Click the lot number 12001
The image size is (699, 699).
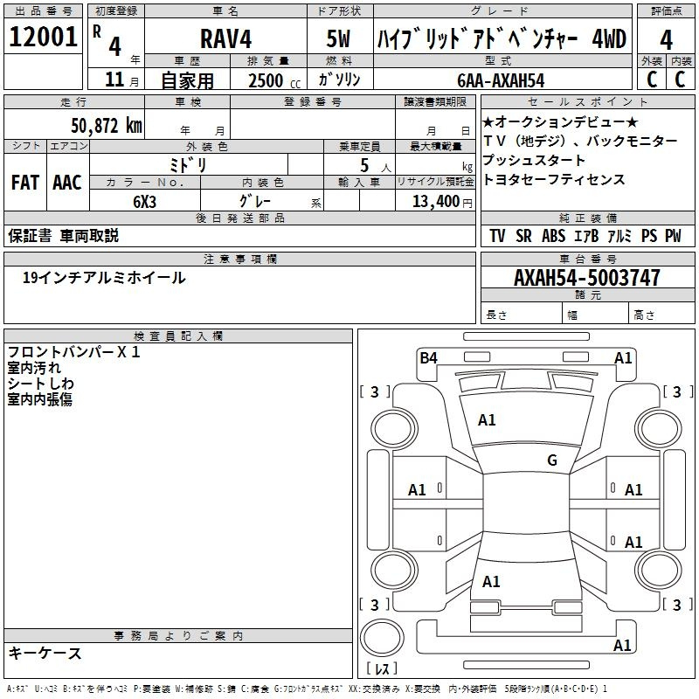43,37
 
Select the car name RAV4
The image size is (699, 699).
226,38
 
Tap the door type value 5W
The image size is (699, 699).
338,38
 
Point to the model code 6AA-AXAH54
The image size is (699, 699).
501,80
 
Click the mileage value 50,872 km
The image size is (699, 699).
107,126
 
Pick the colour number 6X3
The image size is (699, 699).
144,202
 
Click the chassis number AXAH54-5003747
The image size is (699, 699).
586,278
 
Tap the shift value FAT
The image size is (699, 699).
25,183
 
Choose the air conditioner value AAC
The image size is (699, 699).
67,183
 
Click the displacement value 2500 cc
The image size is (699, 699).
274,80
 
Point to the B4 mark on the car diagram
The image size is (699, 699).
428,358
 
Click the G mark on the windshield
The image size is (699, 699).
552,460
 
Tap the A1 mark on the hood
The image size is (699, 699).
487,420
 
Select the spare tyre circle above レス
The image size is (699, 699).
382,638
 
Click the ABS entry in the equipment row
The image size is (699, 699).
553,236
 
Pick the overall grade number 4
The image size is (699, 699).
666,39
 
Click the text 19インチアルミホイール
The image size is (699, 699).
104,278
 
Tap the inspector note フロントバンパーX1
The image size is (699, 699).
74,352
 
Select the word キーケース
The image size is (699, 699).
45,654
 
